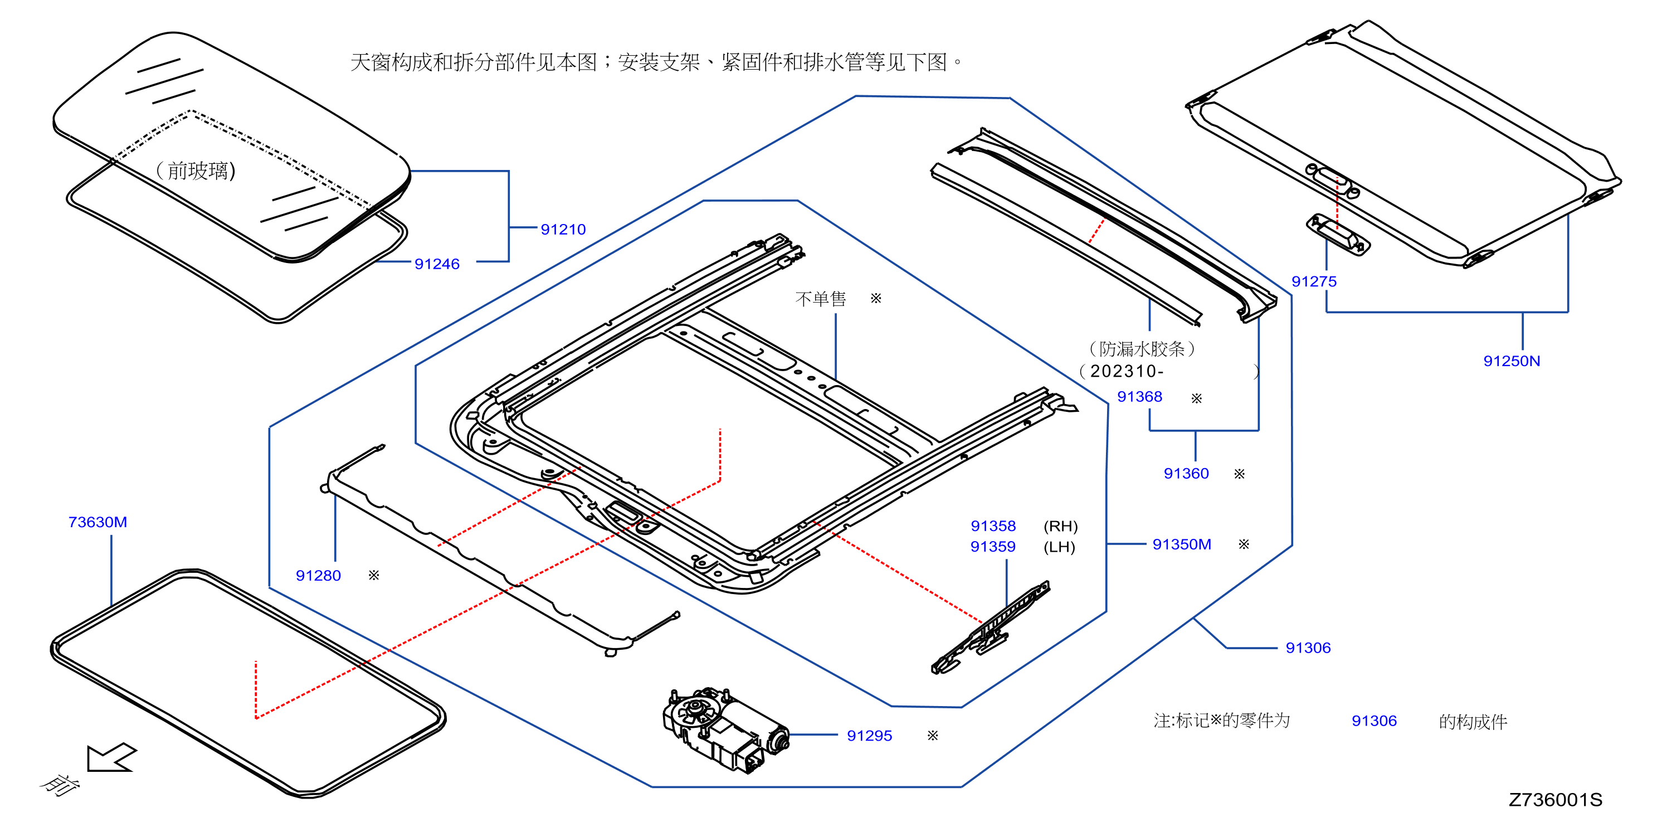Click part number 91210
pyautogui.click(x=563, y=229)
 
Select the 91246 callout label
pyautogui.click(x=437, y=264)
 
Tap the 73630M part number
pyautogui.click(x=98, y=522)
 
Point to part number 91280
pyautogui.click(x=318, y=575)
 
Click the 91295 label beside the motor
pyautogui.click(x=869, y=735)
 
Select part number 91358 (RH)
pyautogui.click(x=993, y=526)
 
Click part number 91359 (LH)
pyautogui.click(x=993, y=547)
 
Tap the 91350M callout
pyautogui.click(x=1182, y=544)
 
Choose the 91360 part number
pyautogui.click(x=1186, y=473)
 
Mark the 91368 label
pyautogui.click(x=1139, y=397)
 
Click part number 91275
pyautogui.click(x=1314, y=281)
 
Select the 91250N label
pyautogui.click(x=1512, y=361)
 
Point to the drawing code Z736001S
pyautogui.click(x=1556, y=800)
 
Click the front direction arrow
pyautogui.click(x=111, y=757)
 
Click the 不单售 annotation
pyautogui.click(x=821, y=298)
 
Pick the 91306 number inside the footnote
pyautogui.click(x=1374, y=721)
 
